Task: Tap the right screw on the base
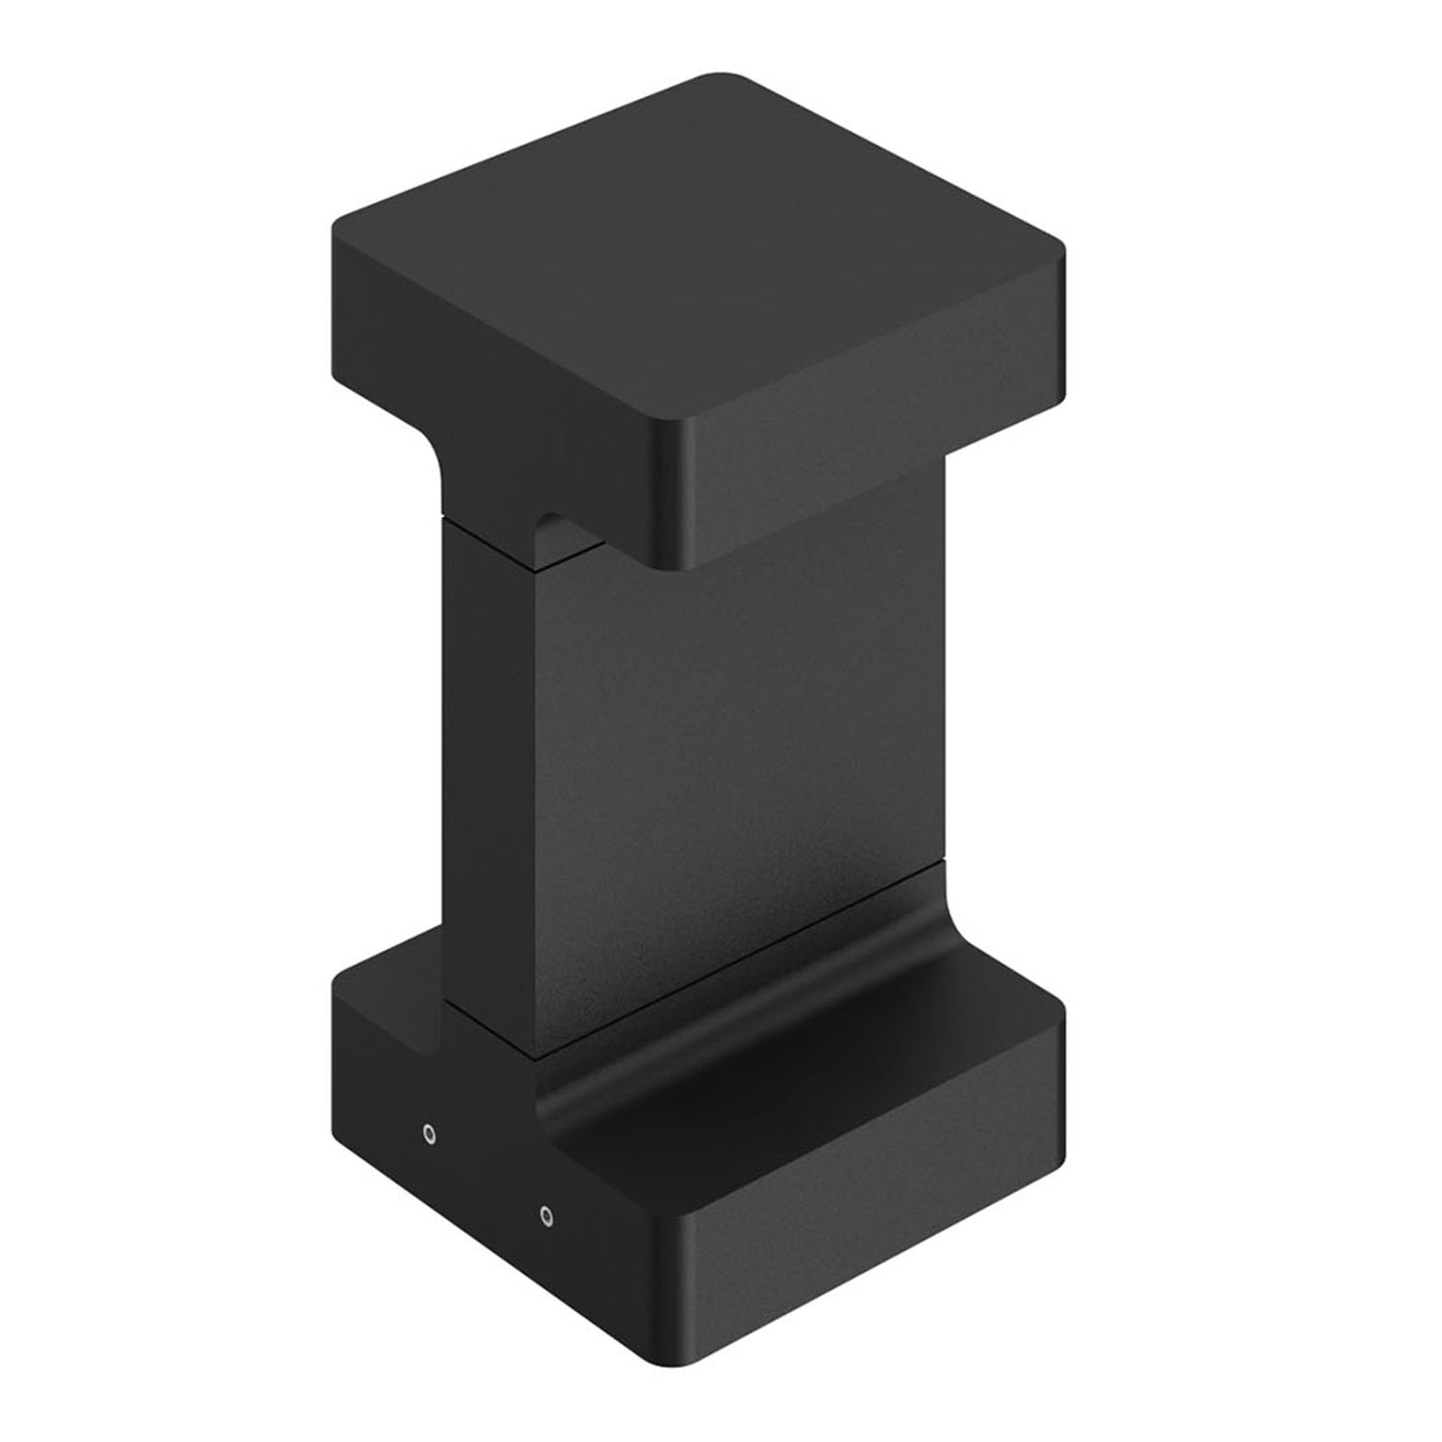click(545, 1216)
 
